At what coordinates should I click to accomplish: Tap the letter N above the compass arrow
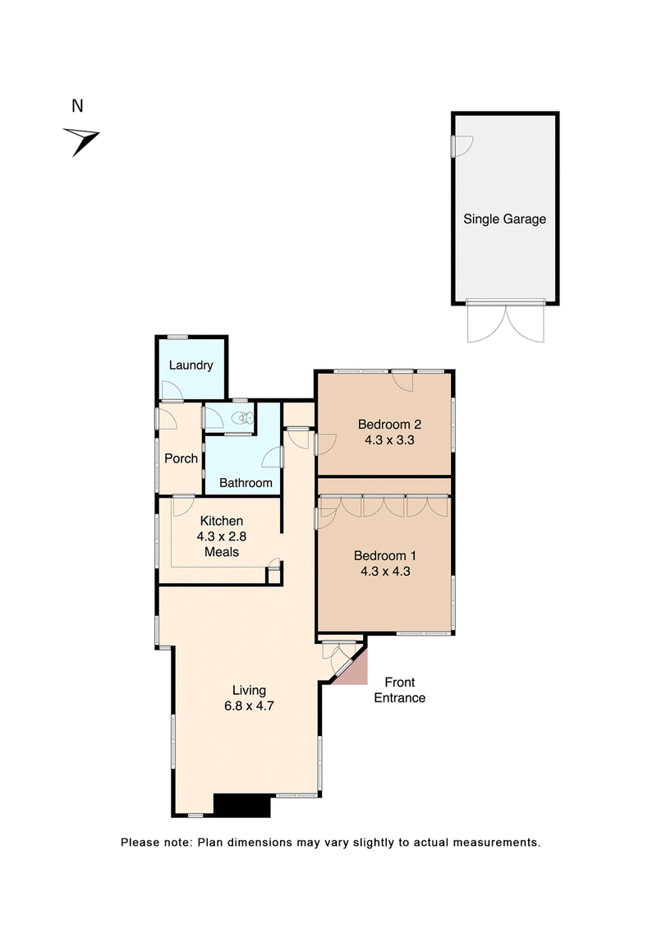pos(77,106)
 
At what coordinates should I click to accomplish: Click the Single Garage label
pos(505,219)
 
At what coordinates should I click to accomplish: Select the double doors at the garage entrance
pos(505,322)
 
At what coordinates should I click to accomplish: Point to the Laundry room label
pos(191,365)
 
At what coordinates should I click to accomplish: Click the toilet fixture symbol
pos(242,418)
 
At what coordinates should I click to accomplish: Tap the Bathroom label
pos(246,483)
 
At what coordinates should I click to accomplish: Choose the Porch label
pos(181,458)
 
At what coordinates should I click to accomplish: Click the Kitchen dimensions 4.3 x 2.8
pos(222,536)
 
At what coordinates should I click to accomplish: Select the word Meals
pos(222,552)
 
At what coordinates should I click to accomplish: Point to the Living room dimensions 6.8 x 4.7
pos(249,706)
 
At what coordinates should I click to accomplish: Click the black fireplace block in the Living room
pos(241,806)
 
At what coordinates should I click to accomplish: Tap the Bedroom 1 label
pos(385,556)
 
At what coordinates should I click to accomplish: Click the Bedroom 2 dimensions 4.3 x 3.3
pos(389,440)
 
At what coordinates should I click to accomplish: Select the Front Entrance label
pos(400,690)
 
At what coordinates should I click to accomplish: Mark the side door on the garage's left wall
pos(462,146)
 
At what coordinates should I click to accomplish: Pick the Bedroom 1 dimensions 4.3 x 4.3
pos(385,572)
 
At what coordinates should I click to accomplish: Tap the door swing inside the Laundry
pos(172,390)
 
